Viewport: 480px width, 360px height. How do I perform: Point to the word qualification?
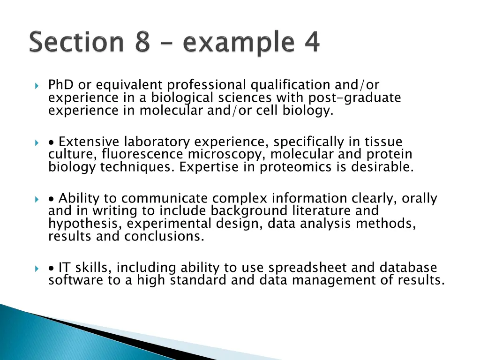pos(291,85)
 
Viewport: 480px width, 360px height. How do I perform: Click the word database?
pos(408,268)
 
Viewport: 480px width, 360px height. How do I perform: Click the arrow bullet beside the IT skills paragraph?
pos(37,269)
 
